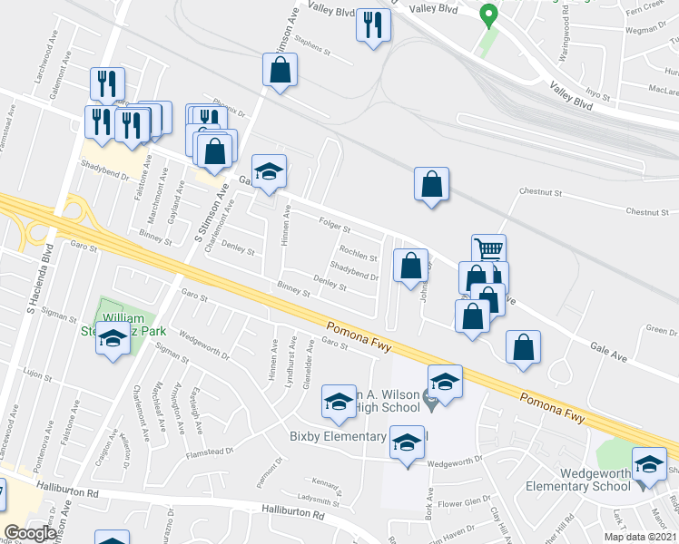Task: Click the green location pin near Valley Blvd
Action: (488, 15)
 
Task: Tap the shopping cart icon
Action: (489, 248)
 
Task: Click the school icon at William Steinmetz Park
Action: (112, 339)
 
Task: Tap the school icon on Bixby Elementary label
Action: (408, 442)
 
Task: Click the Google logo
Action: (31, 533)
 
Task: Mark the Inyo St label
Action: (596, 92)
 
